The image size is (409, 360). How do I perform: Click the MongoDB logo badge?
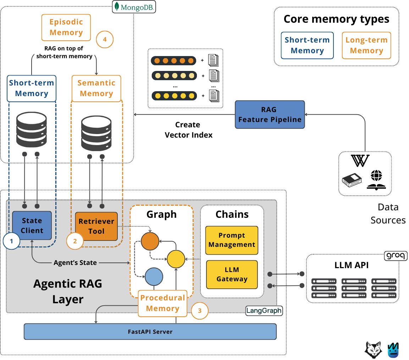click(x=134, y=7)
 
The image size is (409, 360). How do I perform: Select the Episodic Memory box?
click(x=66, y=27)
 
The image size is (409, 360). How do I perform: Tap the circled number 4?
click(x=105, y=39)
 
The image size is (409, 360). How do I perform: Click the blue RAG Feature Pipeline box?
click(x=270, y=115)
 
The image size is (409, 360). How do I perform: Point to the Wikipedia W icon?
click(x=360, y=161)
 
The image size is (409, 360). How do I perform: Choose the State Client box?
click(x=32, y=225)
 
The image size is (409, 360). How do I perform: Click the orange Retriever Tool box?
click(x=96, y=226)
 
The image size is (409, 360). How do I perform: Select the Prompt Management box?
click(x=232, y=240)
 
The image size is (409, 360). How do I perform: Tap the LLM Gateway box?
click(x=232, y=275)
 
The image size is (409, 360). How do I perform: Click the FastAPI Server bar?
click(x=150, y=332)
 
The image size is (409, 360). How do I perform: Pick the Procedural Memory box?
click(x=162, y=303)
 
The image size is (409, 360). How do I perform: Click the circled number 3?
click(x=200, y=311)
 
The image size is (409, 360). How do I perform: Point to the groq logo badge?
click(x=396, y=256)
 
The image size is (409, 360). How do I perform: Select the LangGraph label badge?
click(x=264, y=310)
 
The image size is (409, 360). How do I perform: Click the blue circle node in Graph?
click(x=154, y=277)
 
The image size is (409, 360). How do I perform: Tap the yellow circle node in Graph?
click(x=176, y=259)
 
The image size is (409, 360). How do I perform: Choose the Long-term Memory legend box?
click(x=366, y=45)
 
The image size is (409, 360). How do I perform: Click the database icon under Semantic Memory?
click(x=96, y=133)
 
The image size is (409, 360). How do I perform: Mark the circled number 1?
click(x=11, y=241)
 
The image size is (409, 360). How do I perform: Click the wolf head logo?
click(x=374, y=350)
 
